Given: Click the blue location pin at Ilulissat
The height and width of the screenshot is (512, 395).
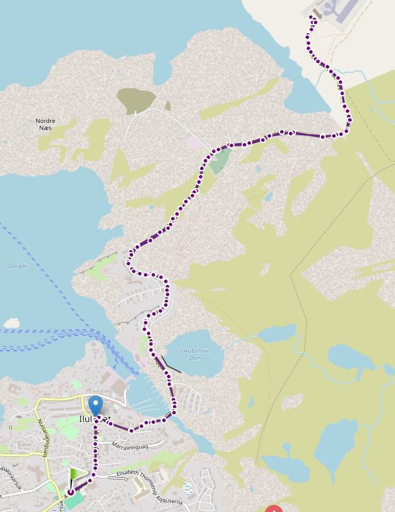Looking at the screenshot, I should coord(95,406).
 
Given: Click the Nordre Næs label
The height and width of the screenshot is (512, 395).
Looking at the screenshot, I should coord(46,124).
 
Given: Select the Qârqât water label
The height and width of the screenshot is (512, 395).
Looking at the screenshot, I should coord(15,265).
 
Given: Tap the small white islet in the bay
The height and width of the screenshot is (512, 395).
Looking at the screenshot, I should coord(11,323).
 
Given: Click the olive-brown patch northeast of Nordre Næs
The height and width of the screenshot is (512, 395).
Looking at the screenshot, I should coord(136,99).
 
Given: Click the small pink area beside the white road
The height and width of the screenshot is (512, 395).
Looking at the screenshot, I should coord(194,142).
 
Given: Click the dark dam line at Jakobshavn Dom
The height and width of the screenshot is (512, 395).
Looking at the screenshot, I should coord(171,365).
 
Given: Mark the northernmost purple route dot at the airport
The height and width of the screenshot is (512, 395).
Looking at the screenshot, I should coord(313,18).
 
